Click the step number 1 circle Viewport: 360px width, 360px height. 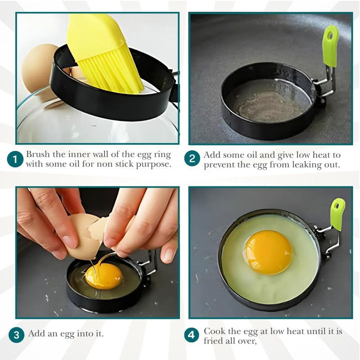pos(15,159)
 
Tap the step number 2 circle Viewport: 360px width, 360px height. pos(192,159)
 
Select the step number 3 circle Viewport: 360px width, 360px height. pos(16,334)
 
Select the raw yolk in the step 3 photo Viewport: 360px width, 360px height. pos(104,275)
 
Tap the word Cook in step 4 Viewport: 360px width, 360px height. pos(214,331)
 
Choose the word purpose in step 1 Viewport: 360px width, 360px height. pos(155,164)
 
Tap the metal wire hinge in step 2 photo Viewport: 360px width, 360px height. pos(324,85)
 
